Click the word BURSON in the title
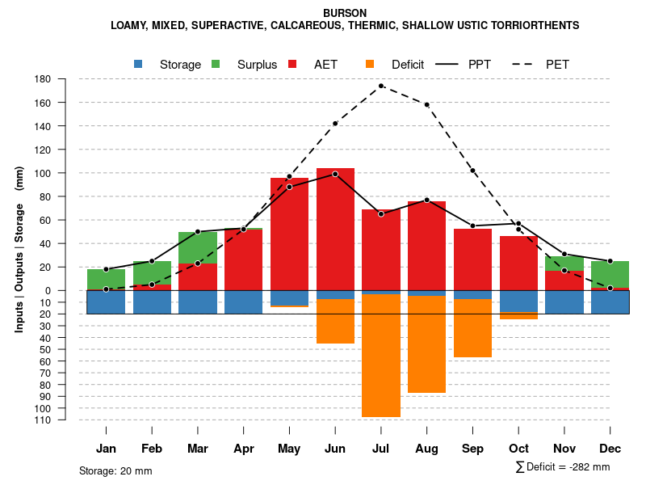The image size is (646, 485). click(345, 13)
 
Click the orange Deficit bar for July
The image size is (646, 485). click(381, 356)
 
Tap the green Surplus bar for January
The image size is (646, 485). click(106, 279)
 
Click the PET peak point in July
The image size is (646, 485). click(381, 86)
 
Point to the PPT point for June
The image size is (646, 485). click(335, 174)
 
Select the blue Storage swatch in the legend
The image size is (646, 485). click(138, 64)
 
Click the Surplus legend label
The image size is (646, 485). click(257, 65)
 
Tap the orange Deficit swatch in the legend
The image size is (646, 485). click(370, 64)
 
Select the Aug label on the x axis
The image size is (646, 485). click(426, 449)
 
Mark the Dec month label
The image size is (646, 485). click(610, 449)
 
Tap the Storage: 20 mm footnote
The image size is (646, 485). click(115, 470)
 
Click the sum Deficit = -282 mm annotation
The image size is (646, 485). click(562, 466)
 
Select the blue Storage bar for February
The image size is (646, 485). click(152, 302)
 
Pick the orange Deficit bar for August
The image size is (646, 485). click(426, 344)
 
